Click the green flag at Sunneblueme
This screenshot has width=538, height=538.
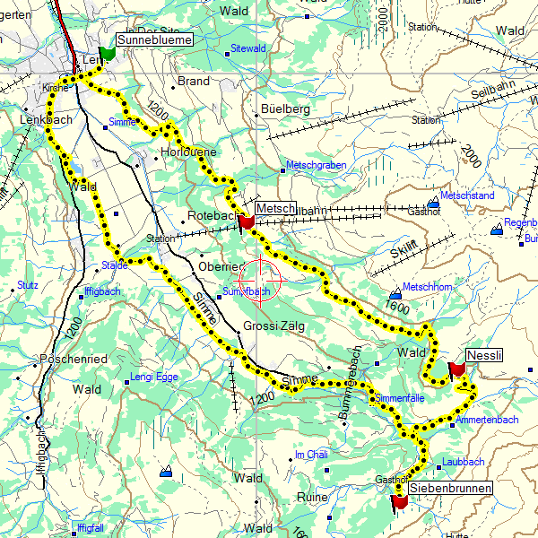click(108, 53)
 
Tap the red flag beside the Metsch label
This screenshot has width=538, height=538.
click(247, 221)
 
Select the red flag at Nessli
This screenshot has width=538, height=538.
click(456, 368)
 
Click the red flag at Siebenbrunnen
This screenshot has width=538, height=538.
click(400, 503)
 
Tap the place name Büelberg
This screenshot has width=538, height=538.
click(284, 108)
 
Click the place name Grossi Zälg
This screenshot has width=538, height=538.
click(273, 326)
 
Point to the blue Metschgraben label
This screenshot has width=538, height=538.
click(315, 166)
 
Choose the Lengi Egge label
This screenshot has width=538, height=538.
click(154, 377)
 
